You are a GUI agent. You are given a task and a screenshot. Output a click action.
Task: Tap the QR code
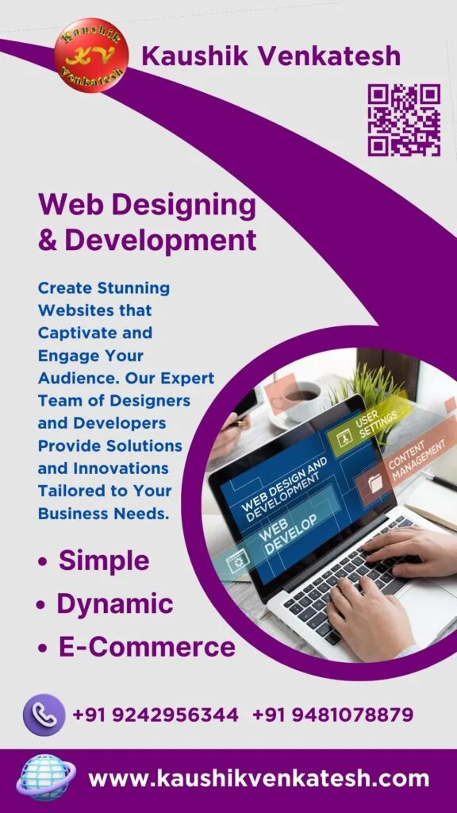click(403, 120)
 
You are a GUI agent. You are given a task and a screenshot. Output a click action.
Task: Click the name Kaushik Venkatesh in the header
click(271, 56)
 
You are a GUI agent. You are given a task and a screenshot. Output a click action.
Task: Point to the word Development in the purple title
click(160, 240)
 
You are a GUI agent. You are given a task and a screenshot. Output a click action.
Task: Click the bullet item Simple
click(104, 561)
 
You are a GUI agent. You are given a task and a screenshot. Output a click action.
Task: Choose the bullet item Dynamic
click(114, 603)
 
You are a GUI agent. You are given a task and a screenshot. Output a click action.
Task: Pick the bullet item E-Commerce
click(147, 647)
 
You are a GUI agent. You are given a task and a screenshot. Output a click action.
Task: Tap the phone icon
click(44, 715)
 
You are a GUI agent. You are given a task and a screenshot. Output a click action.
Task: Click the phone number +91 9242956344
click(156, 715)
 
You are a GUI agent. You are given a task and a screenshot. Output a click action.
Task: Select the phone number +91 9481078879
click(332, 715)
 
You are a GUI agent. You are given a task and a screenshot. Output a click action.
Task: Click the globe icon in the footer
click(46, 776)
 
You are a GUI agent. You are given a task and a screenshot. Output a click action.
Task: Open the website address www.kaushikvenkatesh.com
click(259, 778)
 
